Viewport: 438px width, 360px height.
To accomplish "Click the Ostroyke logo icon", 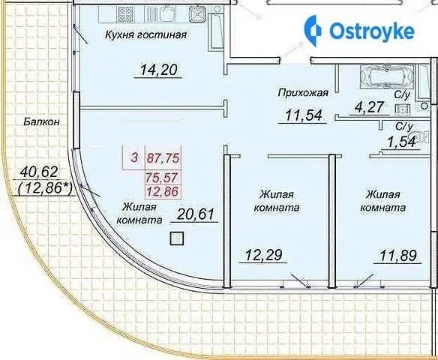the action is pyautogui.click(x=313, y=31).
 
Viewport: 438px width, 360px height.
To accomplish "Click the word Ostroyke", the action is pyautogui.click(x=372, y=31).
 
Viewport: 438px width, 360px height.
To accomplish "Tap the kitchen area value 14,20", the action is pyautogui.click(x=158, y=70).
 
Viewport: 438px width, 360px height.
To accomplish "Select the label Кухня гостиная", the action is pyautogui.click(x=146, y=35).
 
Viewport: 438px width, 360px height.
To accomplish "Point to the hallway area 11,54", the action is pyautogui.click(x=303, y=115).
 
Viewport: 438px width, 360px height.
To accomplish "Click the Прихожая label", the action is pyautogui.click(x=303, y=93).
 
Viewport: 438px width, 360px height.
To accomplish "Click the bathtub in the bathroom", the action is pyautogui.click(x=386, y=76).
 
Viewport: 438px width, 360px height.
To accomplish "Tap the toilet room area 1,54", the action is pyautogui.click(x=401, y=142).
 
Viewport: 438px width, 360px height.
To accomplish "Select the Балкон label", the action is pyautogui.click(x=41, y=121).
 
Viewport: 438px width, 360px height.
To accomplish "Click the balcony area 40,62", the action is pyautogui.click(x=39, y=172).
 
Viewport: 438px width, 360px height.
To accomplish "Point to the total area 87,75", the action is pyautogui.click(x=163, y=158).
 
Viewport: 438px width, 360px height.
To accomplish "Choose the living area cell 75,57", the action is pyautogui.click(x=163, y=177).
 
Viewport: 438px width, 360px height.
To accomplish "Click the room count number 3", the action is pyautogui.click(x=135, y=157).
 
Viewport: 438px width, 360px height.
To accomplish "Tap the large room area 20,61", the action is pyautogui.click(x=196, y=214).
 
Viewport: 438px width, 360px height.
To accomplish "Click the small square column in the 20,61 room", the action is pyautogui.click(x=177, y=238).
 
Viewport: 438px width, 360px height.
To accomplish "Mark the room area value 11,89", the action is pyautogui.click(x=398, y=256).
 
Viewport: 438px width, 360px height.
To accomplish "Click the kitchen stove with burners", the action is pyautogui.click(x=125, y=14).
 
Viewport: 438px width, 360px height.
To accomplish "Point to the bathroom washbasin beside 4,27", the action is pyautogui.click(x=403, y=109).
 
